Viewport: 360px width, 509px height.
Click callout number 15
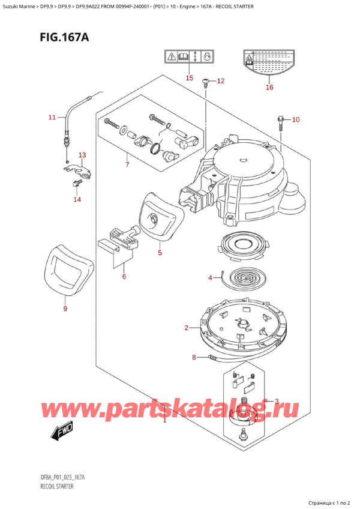(x=189, y=78)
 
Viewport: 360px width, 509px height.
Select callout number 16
(x=269, y=87)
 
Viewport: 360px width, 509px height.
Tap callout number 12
(x=220, y=80)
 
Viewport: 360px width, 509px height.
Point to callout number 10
(x=295, y=120)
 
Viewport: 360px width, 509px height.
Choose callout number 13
(x=82, y=155)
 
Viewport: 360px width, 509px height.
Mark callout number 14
(x=77, y=199)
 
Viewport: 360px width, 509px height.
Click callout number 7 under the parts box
(x=127, y=164)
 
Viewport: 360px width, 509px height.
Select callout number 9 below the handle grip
(x=65, y=309)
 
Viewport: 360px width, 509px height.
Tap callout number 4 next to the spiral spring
(x=211, y=277)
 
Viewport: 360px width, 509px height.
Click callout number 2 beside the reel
(x=187, y=327)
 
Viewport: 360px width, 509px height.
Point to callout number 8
(x=194, y=358)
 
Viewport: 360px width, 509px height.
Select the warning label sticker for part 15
(x=189, y=58)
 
